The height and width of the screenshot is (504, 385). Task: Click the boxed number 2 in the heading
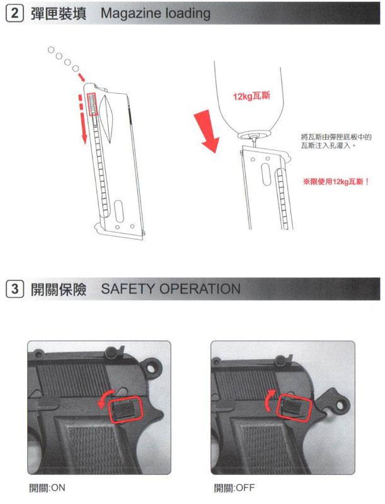point(14,13)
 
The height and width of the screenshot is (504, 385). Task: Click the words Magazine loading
point(156,13)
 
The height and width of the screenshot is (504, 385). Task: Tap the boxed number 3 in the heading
point(14,289)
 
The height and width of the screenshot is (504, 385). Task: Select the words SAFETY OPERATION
point(171,289)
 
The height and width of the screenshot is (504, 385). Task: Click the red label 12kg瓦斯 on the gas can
point(251,96)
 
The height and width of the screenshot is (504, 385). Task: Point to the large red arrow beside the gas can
point(207,130)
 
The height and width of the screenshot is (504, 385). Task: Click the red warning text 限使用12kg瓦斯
point(336,182)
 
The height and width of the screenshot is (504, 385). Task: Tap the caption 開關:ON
point(47,488)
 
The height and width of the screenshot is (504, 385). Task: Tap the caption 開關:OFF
point(234,488)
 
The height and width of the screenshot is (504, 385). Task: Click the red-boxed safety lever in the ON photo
point(125,409)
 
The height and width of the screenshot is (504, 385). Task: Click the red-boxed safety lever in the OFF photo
point(294,408)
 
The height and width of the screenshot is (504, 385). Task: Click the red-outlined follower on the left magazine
point(93,105)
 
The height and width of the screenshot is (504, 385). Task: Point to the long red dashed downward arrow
point(83,118)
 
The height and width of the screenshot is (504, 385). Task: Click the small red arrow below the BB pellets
point(82,77)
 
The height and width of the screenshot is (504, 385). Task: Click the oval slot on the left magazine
point(119,211)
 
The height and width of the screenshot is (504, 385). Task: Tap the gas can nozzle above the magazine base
point(255,140)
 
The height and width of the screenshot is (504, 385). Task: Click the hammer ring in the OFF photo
point(340,406)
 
